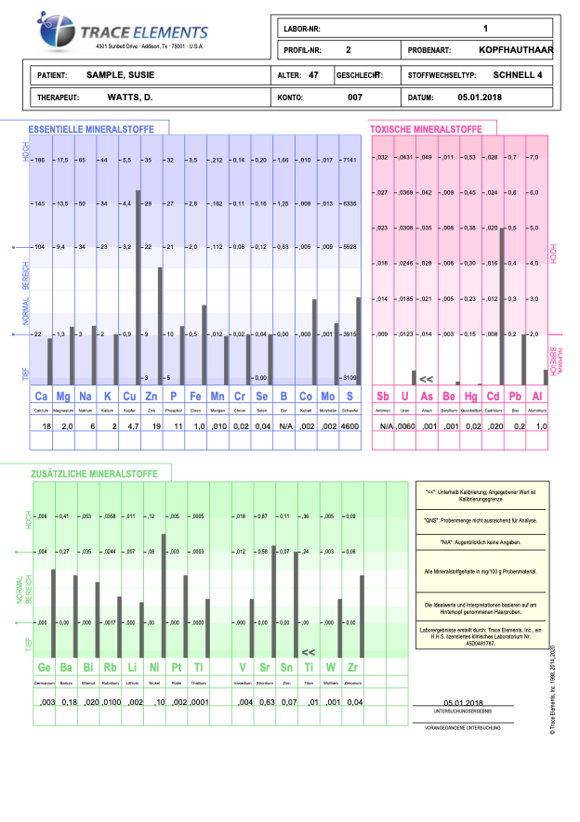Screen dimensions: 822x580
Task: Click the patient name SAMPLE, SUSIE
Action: coord(122,73)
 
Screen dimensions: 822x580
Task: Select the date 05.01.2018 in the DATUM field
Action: coord(480,97)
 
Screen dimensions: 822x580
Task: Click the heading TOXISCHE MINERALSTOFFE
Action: coord(426,129)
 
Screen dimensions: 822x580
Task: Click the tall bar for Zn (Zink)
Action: coord(138,288)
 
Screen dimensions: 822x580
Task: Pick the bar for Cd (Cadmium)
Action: coord(502,306)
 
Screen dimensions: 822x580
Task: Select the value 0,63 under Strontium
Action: coord(263,701)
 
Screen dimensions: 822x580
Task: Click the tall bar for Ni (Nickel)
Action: coord(165,594)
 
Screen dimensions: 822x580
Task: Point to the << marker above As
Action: coord(426,379)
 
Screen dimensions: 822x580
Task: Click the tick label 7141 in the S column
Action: coord(349,159)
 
